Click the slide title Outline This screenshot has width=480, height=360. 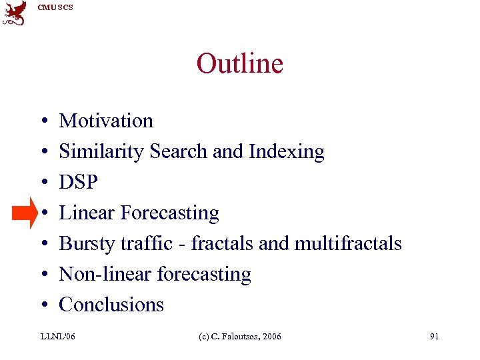(x=239, y=64)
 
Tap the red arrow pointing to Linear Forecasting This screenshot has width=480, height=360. (x=25, y=213)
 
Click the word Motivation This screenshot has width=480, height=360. (x=106, y=121)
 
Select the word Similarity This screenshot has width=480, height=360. (x=102, y=152)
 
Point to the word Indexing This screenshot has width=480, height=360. (x=286, y=152)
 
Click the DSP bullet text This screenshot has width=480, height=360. (x=79, y=182)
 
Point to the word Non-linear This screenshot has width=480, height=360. (x=104, y=274)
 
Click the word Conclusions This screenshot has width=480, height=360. (x=111, y=305)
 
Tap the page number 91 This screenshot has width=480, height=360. (x=434, y=337)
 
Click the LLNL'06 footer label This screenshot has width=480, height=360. (x=59, y=337)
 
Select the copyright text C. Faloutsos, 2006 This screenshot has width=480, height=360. (x=243, y=337)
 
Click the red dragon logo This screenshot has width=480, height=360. (x=15, y=13)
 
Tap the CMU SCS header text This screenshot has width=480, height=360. (x=55, y=7)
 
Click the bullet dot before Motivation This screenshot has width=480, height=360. (x=42, y=121)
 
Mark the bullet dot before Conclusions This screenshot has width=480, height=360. (x=42, y=305)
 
